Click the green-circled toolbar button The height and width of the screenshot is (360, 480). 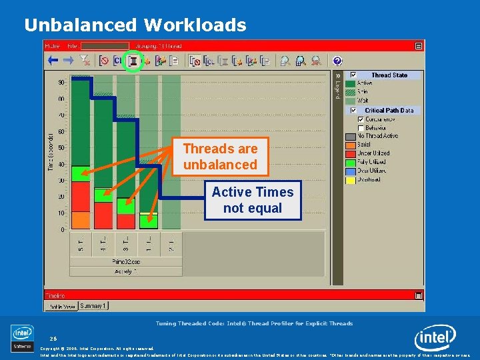(x=133, y=61)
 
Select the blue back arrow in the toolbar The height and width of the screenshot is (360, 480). (x=52, y=61)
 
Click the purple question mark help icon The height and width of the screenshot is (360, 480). (x=337, y=61)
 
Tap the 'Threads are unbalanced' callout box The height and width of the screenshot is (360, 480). (x=220, y=157)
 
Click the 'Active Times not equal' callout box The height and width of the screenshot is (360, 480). (x=253, y=200)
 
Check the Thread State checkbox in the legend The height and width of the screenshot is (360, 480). (x=354, y=75)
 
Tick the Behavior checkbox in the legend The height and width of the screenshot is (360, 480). (x=361, y=127)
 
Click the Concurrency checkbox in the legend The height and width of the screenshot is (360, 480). (x=361, y=119)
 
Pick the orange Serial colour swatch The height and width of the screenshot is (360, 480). (x=350, y=145)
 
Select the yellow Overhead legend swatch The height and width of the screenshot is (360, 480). (x=350, y=179)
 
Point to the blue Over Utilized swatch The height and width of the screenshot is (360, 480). (x=350, y=171)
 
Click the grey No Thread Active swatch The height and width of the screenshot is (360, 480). (x=350, y=136)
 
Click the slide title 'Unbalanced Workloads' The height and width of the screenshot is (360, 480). (x=135, y=25)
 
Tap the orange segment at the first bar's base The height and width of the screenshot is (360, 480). (x=80, y=220)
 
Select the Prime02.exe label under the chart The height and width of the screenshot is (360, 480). (x=126, y=262)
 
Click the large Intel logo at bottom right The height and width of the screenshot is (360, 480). (x=436, y=339)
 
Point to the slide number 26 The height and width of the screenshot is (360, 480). (x=53, y=338)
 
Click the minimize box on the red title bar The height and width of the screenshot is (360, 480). (x=418, y=46)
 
